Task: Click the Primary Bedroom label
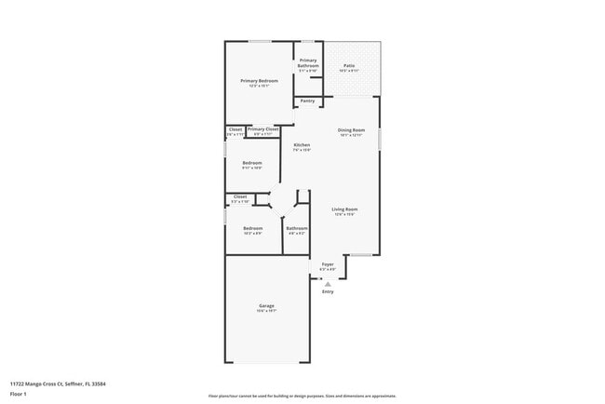coord(260,81)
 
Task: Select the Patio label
coord(349,65)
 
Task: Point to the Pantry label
coord(307,101)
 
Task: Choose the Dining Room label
coord(351,129)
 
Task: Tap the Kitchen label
coord(302,144)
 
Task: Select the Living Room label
coord(345,209)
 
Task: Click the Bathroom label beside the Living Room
coord(297,228)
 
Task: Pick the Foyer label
coord(328,264)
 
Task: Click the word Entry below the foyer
coord(328,291)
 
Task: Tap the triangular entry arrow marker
coord(328,282)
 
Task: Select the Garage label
coord(266,305)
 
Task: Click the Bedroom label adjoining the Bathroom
coord(253,228)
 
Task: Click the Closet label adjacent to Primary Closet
coord(235,129)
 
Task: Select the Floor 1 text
coord(19,394)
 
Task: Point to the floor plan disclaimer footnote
coord(302,396)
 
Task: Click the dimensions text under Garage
coord(266,312)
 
